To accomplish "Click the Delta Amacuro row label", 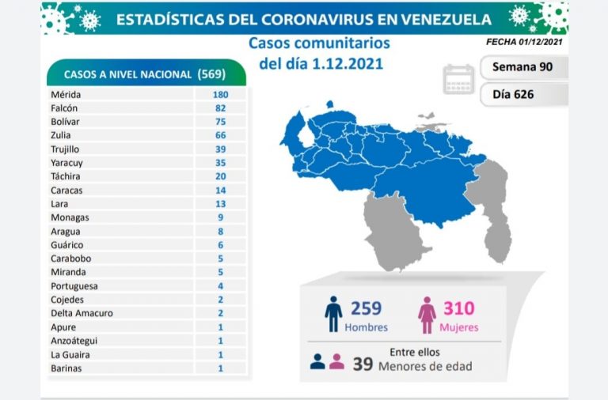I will [x=81, y=313].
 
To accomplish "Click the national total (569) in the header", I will [x=212, y=74].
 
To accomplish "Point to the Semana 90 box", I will [x=522, y=67].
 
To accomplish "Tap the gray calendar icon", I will [x=458, y=79].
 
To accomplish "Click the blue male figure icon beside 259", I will [x=333, y=314].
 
